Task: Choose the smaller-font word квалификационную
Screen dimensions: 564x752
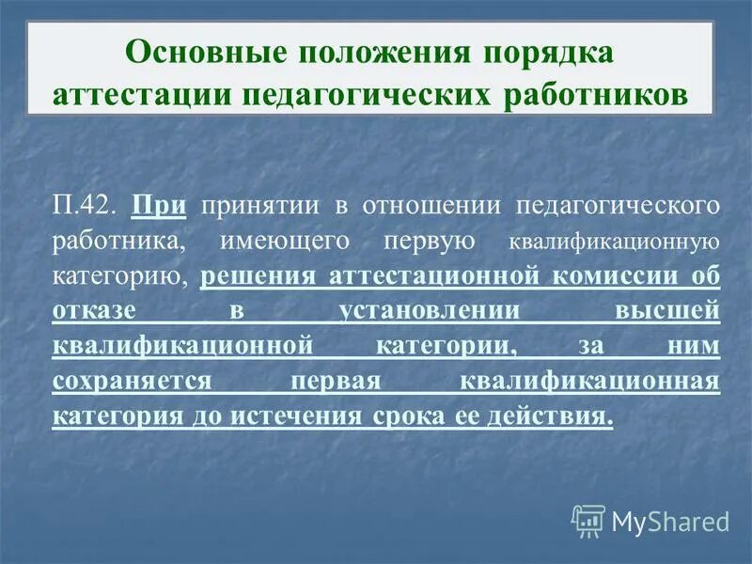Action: [x=615, y=242]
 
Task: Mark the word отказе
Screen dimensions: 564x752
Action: [x=94, y=310]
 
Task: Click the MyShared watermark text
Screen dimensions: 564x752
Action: [x=669, y=521]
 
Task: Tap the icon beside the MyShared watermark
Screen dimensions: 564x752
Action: [x=588, y=520]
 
